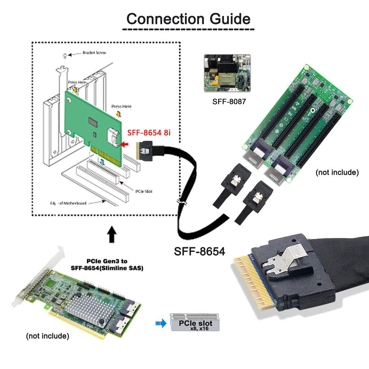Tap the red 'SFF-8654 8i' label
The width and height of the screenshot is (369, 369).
coord(149,133)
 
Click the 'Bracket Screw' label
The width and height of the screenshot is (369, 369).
coord(94,53)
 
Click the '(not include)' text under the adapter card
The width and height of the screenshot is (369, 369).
coord(47,336)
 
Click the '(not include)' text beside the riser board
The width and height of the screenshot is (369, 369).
coord(337,173)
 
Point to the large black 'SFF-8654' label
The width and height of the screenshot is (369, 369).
coord(200,251)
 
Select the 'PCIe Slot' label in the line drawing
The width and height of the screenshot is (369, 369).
coord(144,191)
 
